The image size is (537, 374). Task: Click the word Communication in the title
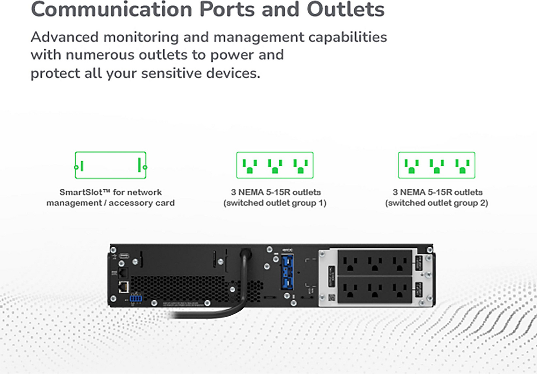(x=111, y=9)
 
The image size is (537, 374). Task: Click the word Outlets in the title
(x=345, y=9)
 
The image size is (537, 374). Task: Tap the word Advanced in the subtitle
(x=64, y=37)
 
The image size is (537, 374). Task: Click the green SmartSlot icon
(x=110, y=165)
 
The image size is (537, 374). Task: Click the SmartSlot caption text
(x=110, y=197)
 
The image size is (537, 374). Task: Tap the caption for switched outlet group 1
(x=275, y=197)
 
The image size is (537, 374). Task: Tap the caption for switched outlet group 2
(x=436, y=197)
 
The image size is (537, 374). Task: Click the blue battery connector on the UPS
(x=287, y=272)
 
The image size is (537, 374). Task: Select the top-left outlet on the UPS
(x=350, y=263)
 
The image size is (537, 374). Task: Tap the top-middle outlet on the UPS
(x=374, y=263)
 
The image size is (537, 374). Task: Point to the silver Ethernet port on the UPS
(x=124, y=287)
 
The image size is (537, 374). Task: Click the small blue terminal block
(x=136, y=298)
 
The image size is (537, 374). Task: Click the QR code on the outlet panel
(x=332, y=298)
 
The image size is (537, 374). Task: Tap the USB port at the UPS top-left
(x=124, y=256)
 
